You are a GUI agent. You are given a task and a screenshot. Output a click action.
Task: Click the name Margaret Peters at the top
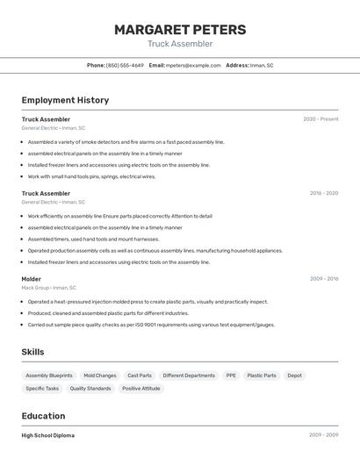(x=180, y=30)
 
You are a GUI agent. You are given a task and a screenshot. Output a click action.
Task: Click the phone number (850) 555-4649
(x=125, y=65)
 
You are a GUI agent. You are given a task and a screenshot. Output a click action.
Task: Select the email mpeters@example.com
(x=193, y=65)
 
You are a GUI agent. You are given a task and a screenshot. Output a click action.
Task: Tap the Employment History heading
(x=65, y=100)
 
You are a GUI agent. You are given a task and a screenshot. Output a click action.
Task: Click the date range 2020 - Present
(x=320, y=119)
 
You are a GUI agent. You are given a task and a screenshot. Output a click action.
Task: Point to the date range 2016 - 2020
(x=323, y=193)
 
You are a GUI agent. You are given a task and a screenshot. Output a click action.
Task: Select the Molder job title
(x=32, y=279)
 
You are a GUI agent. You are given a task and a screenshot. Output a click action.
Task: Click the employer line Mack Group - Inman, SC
(x=49, y=288)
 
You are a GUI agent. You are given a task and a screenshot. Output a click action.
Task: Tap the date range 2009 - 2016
(x=323, y=279)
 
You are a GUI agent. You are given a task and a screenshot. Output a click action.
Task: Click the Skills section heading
(x=33, y=352)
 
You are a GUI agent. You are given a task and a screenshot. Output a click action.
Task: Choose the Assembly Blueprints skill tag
(x=49, y=376)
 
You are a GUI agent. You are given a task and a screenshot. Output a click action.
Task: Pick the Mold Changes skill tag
(x=100, y=376)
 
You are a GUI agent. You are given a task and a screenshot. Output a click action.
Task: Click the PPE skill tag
(x=231, y=376)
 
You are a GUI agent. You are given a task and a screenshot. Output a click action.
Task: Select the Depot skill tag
(x=295, y=376)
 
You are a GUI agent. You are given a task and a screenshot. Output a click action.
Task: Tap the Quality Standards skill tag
(x=90, y=388)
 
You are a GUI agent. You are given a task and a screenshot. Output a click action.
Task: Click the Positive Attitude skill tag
(x=141, y=388)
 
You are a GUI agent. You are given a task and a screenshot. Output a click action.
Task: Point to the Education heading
(x=44, y=416)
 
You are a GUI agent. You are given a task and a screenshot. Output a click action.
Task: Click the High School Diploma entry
(x=48, y=435)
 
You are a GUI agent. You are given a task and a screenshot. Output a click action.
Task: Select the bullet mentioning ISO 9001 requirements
(x=151, y=325)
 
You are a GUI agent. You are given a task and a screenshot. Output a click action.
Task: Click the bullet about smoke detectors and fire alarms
(x=126, y=141)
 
